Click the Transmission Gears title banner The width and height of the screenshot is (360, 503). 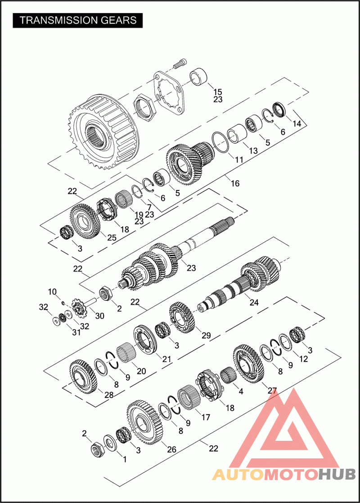[x=77, y=20]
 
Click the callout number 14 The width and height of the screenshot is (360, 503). [x=297, y=123]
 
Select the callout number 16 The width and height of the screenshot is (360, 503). [x=235, y=183]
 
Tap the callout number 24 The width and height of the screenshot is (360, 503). [x=254, y=302]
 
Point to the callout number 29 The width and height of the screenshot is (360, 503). [x=206, y=335]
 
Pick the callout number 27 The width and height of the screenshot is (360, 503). [x=272, y=390]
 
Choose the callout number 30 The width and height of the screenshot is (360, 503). [x=100, y=316]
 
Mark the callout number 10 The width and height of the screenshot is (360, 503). [x=52, y=292]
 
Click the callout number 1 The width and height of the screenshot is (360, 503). [x=125, y=459]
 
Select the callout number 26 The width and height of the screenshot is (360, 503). [x=171, y=449]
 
